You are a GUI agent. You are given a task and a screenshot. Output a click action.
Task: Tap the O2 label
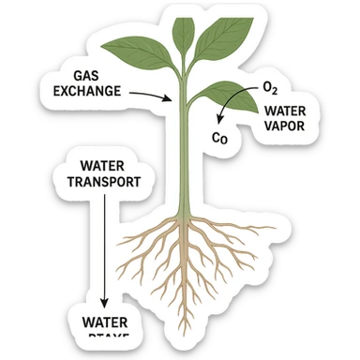pos(270,89)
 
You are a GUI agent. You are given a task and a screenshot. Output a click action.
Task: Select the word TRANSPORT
pos(99,181)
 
